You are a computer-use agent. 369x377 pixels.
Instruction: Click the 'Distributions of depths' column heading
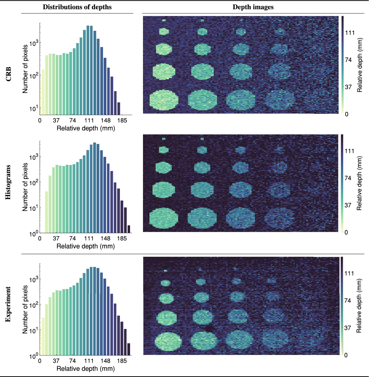[77, 7]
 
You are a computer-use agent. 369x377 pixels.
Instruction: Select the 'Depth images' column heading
[253, 7]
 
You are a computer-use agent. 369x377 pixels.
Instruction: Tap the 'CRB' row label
[8, 74]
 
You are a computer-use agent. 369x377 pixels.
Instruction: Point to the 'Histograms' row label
[8, 182]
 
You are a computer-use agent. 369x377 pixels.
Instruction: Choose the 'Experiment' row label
[8, 304]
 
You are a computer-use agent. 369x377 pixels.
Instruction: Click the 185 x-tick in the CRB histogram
[122, 121]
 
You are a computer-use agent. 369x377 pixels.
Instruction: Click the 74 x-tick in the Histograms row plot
[73, 239]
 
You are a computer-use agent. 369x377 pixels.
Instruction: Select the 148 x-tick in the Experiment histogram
[105, 361]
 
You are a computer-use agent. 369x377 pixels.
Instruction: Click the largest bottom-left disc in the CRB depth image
[164, 100]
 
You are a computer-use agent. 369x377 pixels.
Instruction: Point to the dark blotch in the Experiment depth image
[210, 329]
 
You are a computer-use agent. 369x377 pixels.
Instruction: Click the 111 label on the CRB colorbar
[350, 33]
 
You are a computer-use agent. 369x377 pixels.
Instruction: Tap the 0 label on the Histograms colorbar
[346, 232]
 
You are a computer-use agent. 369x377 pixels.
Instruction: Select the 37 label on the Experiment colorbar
[347, 328]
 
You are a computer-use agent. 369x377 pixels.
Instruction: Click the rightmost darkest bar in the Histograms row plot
[129, 229]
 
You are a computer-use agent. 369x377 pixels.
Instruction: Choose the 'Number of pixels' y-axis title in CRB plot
[25, 69]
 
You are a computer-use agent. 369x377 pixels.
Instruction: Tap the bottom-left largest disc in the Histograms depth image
[164, 218]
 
